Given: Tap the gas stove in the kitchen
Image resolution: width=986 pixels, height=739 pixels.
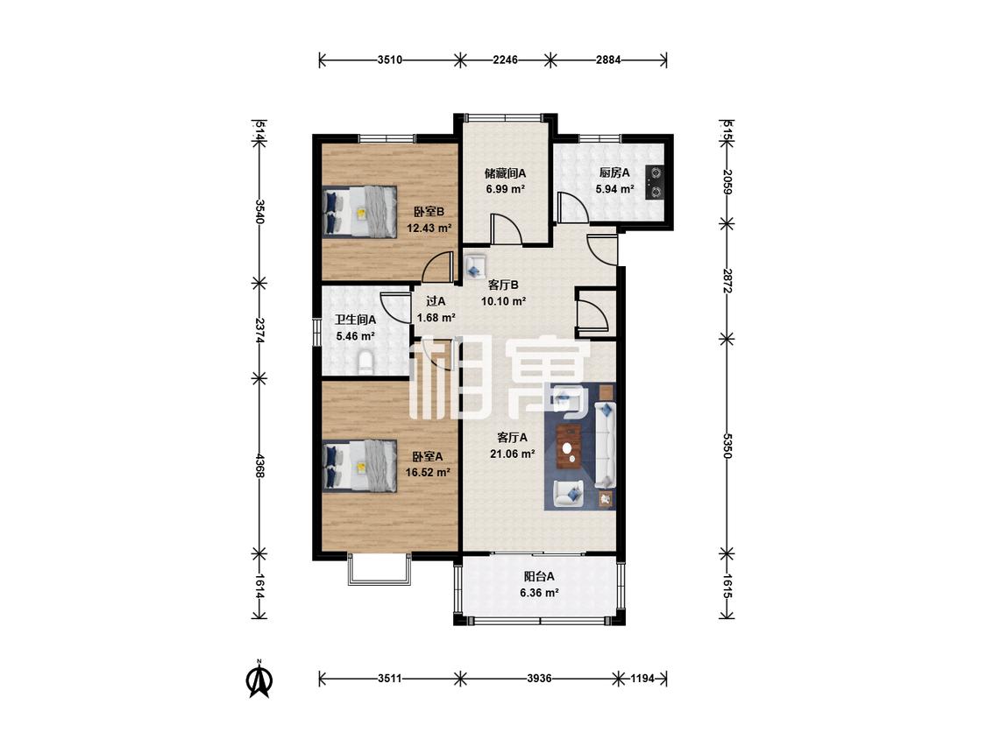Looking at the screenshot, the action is [656, 181].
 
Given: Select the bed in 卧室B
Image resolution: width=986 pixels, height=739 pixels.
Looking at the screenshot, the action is [359, 211].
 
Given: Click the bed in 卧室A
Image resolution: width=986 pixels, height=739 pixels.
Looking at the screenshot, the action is [359, 466].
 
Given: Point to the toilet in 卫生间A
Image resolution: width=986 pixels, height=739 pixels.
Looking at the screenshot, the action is [365, 363].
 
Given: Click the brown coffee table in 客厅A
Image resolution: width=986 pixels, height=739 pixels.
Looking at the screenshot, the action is [569, 447].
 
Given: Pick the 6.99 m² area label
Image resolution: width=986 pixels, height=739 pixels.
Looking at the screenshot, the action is [506, 188].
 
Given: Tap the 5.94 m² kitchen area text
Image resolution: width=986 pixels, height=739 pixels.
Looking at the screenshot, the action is [614, 188].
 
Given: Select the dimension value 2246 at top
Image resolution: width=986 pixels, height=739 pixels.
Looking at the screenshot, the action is [506, 60].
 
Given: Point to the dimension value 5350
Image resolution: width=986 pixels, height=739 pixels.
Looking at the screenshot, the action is [727, 446].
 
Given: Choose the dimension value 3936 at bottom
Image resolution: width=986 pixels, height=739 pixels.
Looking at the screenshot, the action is [540, 679].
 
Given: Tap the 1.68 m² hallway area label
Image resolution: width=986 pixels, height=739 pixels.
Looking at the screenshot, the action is [436, 318].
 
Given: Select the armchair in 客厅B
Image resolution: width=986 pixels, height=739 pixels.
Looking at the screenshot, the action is [475, 265].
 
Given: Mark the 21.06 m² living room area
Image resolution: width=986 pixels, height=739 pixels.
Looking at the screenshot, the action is [513, 454].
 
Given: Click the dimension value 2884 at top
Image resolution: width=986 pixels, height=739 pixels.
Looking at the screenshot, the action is [609, 60].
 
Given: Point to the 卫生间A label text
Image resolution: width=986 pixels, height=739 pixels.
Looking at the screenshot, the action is [356, 320].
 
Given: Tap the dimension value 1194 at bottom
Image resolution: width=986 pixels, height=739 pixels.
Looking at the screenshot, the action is [642, 679].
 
